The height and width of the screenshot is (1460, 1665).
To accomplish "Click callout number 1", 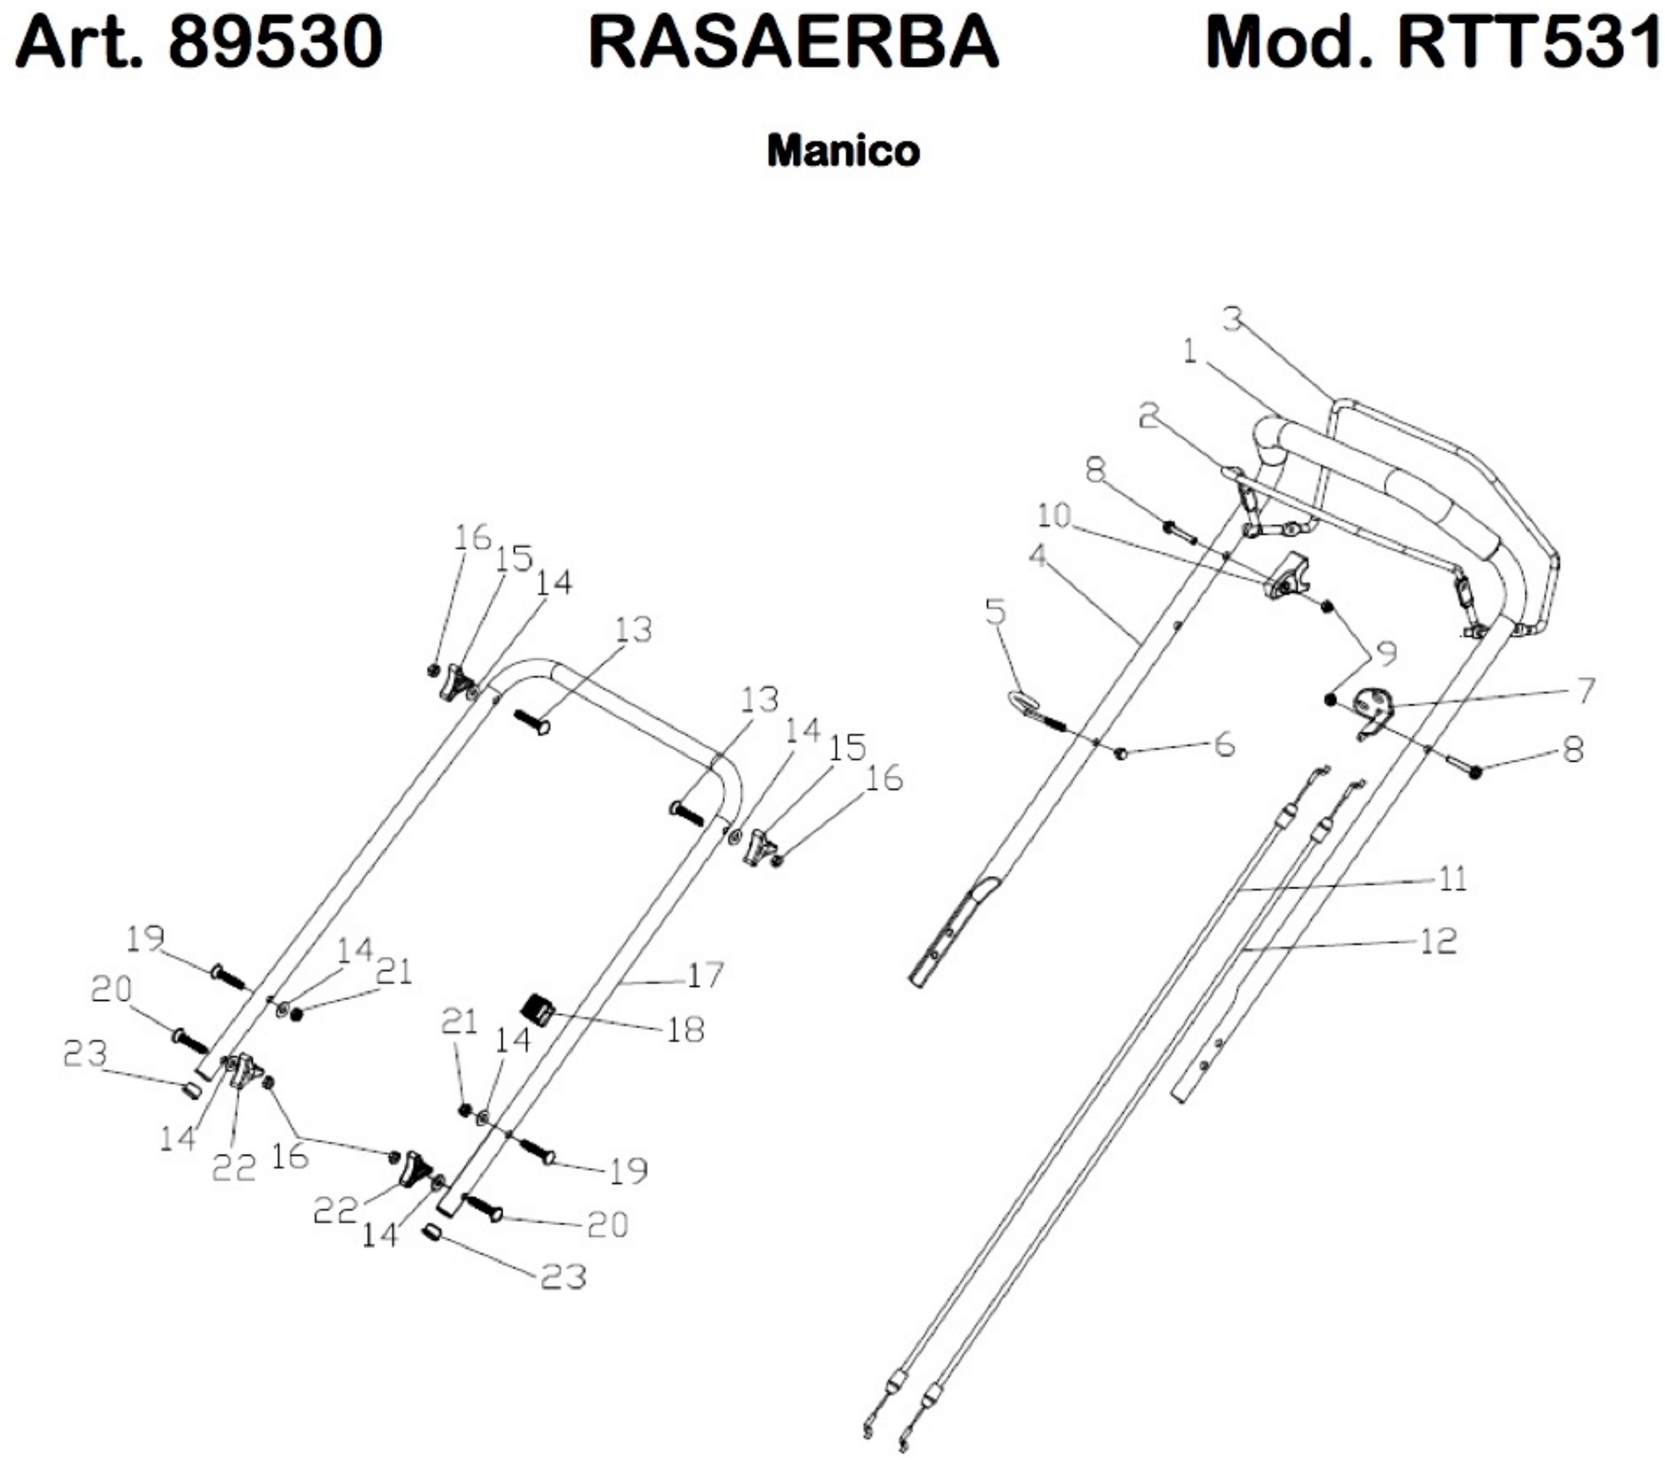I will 1190,353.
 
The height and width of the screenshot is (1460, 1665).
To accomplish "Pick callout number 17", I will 705,975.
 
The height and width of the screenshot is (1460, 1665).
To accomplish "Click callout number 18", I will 685,1031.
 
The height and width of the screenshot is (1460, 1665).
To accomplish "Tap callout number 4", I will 1037,557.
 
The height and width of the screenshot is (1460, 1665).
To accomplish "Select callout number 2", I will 1149,417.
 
